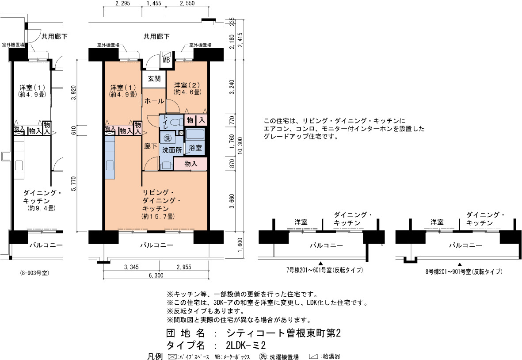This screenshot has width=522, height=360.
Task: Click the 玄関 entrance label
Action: pyautogui.click(x=154, y=79)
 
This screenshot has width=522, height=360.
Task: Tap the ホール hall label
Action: pyautogui.click(x=154, y=100)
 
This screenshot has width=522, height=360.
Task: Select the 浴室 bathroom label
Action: pyautogui.click(x=195, y=148)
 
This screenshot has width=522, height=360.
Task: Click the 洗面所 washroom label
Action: pyautogui.click(x=172, y=150)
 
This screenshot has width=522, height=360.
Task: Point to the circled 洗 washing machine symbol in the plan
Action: pyautogui.click(x=168, y=138)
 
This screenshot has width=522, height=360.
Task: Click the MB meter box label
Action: pyautogui.click(x=166, y=60)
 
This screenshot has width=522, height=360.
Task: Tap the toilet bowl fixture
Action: pyautogui.click(x=176, y=123)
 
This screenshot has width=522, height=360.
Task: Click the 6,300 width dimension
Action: pyautogui.click(x=156, y=276)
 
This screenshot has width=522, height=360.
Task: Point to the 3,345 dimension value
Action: pyautogui.click(x=131, y=267)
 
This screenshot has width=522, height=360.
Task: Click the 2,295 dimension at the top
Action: pyautogui.click(x=122, y=4)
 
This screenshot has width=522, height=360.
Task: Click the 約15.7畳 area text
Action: pyautogui.click(x=158, y=216)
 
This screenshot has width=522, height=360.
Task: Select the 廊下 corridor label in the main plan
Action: pyautogui.click(x=150, y=146)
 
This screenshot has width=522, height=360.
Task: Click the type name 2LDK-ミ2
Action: pyautogui.click(x=246, y=345)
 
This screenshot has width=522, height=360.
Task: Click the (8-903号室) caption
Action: pyautogui.click(x=34, y=273)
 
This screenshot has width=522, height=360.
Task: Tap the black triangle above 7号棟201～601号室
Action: pyautogui.click(x=320, y=263)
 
